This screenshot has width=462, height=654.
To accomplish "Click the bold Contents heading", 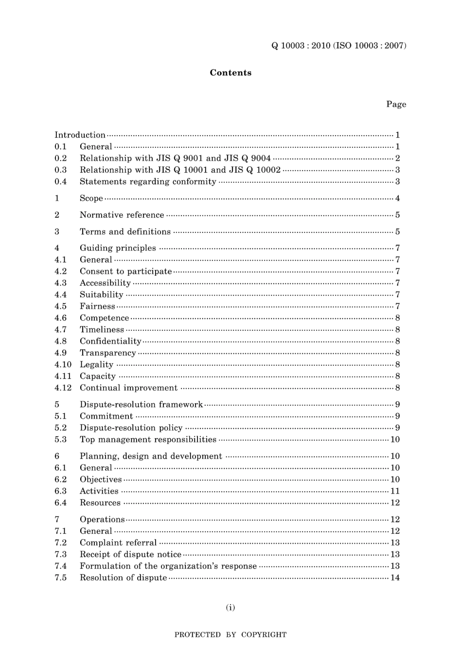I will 231,72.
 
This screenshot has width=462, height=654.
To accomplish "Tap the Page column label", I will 396,104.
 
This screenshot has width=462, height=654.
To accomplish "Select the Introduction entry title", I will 80,135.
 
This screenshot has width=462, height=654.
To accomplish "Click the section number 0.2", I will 60,158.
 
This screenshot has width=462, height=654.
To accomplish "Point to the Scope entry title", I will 91,198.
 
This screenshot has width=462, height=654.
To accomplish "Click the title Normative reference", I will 122,215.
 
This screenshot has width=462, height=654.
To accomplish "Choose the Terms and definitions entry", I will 125,231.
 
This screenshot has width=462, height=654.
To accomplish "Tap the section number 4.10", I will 63,365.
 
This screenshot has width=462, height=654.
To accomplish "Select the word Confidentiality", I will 110,341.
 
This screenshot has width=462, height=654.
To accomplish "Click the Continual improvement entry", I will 128,388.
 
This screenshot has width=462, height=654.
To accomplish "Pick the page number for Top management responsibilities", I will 395,440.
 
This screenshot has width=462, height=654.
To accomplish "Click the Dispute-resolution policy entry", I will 131,428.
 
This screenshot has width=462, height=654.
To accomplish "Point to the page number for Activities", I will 395,491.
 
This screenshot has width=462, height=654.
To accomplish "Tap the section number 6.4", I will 60,503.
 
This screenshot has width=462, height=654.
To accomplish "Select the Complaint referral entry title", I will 118,543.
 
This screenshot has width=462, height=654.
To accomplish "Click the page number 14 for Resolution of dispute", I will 395,578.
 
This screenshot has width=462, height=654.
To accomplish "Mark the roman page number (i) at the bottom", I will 231,607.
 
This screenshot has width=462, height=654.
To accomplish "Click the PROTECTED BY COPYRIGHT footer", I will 231,635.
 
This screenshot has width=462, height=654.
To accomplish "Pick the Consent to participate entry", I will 125,271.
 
